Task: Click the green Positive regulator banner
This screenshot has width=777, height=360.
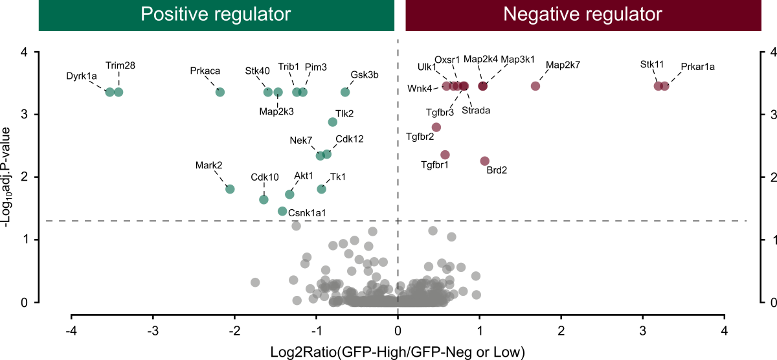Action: coord(216,15)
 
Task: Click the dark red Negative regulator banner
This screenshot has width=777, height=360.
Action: coord(582,15)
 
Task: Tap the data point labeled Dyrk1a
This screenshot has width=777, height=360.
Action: coord(110,92)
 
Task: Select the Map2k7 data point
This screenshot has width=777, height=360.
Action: coord(535,86)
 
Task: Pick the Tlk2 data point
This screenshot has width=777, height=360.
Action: coord(333,122)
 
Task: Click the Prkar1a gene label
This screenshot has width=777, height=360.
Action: coord(697,67)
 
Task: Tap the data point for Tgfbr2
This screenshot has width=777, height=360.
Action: coord(436,127)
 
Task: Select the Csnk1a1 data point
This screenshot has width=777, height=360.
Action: coord(282,211)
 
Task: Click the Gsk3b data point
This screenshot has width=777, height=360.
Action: coord(345,92)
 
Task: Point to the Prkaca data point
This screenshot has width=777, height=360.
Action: coord(220,92)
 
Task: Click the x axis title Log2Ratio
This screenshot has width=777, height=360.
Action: coord(397,351)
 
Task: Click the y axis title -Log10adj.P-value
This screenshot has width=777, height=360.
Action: coord(9,175)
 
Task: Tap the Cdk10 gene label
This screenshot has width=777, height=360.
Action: coord(265,177)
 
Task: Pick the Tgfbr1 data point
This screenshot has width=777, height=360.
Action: coord(445,155)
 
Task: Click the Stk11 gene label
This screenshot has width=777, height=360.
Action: coord(652,64)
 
